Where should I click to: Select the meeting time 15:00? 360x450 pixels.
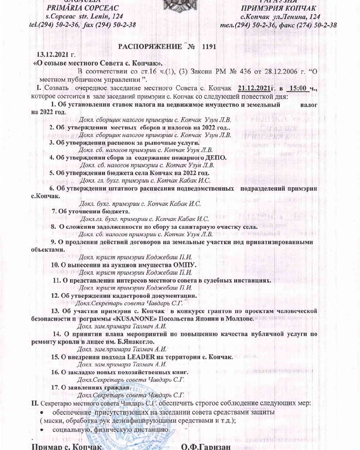[x=300, y=88]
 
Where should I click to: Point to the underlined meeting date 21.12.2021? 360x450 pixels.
[x=255, y=88]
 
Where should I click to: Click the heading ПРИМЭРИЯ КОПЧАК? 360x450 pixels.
[x=278, y=8]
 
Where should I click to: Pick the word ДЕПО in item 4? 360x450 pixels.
[x=216, y=157]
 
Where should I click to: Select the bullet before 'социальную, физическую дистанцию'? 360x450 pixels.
[x=42, y=429]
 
